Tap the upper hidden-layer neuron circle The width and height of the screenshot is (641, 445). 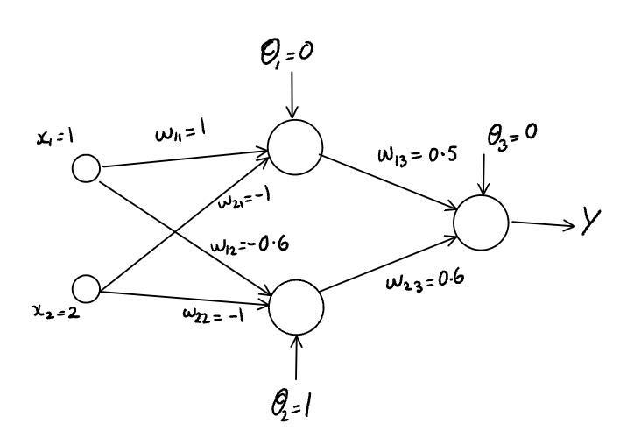pos(295,145)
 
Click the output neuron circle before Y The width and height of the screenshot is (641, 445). pos(481,220)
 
